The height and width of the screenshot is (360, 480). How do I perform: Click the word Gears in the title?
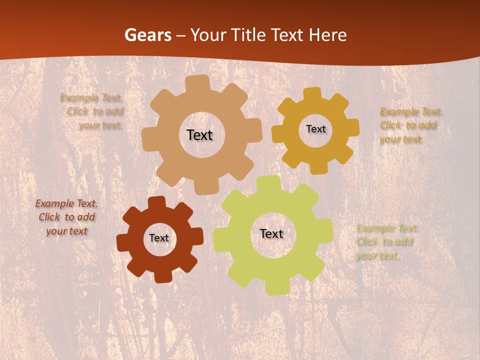click(147, 35)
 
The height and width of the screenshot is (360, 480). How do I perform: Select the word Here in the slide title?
click(327, 35)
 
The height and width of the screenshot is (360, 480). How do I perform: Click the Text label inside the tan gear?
click(199, 135)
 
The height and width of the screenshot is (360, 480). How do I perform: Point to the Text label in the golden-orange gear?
click(315, 129)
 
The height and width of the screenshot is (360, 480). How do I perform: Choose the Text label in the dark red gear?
click(159, 238)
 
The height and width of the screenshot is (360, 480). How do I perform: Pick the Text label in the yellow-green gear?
click(271, 234)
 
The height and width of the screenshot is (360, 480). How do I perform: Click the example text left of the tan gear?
click(92, 111)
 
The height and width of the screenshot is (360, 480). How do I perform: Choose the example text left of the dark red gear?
click(66, 217)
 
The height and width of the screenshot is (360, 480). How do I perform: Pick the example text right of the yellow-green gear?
click(386, 242)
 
